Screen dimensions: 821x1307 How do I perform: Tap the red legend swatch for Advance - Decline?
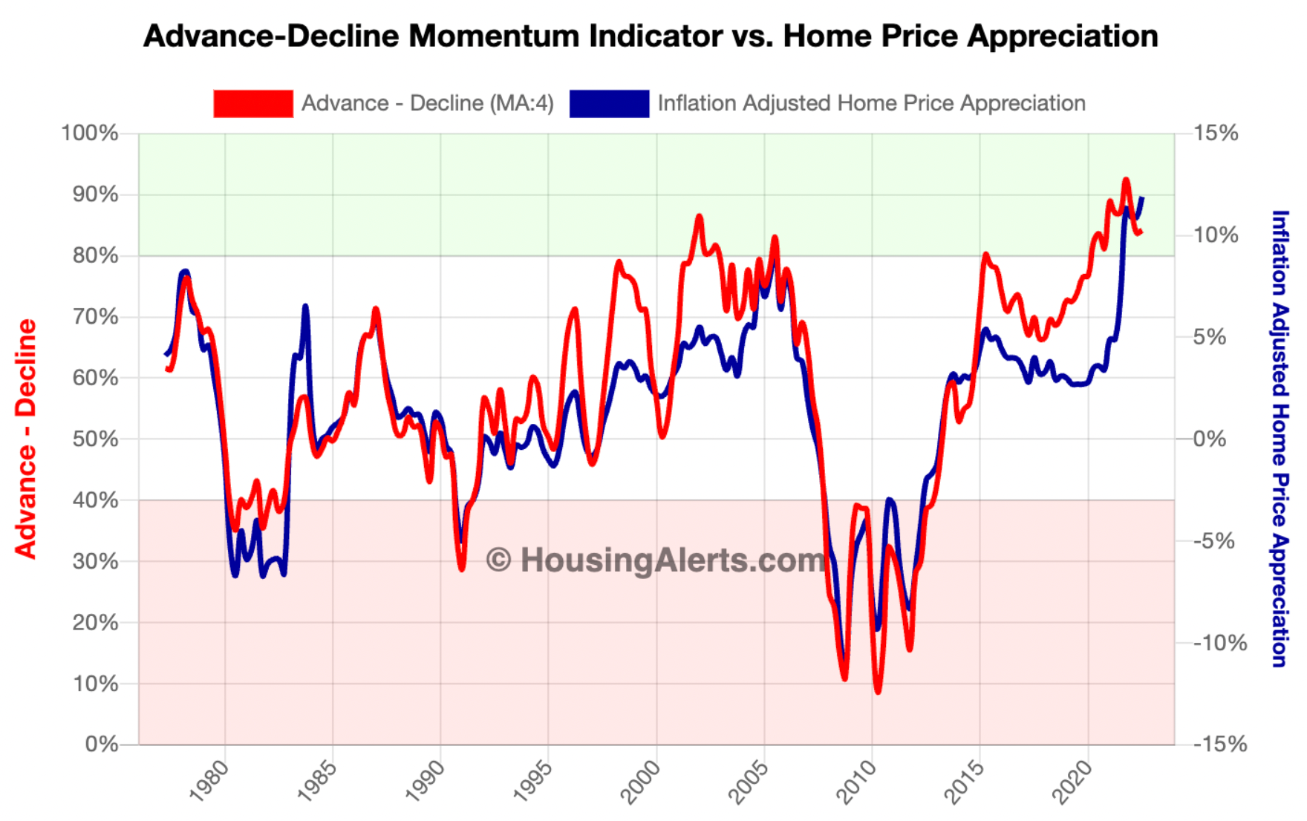[x=252, y=103]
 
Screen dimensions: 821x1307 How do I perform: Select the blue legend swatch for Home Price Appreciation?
[x=609, y=103]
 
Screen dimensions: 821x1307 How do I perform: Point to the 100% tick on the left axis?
[x=89, y=134]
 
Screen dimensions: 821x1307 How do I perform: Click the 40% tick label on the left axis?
[x=95, y=500]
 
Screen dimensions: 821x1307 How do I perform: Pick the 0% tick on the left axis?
[x=102, y=744]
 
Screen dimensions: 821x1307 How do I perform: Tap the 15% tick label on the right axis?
[x=1216, y=134]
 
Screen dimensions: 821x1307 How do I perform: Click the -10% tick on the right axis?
[x=1220, y=643]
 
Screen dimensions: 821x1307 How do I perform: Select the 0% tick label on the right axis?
[x=1210, y=439]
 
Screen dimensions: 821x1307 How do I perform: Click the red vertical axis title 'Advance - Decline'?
[x=26, y=438]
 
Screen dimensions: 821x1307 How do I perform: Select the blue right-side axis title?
[x=1279, y=438]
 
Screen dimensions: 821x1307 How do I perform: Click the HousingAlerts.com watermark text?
[x=656, y=560]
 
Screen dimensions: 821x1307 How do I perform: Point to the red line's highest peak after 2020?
[x=1126, y=180]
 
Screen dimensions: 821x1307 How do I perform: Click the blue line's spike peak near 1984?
[x=305, y=306]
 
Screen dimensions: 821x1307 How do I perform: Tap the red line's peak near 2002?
[x=699, y=217]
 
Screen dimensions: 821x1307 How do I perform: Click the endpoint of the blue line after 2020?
[x=1142, y=197]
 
